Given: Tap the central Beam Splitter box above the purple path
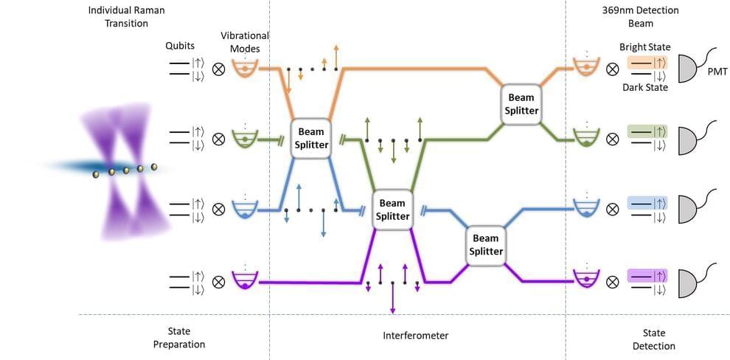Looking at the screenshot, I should click(392, 210).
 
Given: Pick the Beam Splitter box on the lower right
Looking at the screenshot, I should click(485, 245).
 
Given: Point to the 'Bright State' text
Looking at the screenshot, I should click(644, 47).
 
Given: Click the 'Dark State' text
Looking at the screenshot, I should click(644, 87).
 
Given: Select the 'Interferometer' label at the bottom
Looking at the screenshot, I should click(415, 336).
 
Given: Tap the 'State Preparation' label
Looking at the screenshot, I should click(178, 338).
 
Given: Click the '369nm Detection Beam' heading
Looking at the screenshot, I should click(645, 16).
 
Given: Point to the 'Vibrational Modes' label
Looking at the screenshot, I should click(244, 41).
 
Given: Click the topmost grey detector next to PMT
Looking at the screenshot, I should click(689, 69).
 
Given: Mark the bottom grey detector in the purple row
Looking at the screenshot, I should click(689, 280).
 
